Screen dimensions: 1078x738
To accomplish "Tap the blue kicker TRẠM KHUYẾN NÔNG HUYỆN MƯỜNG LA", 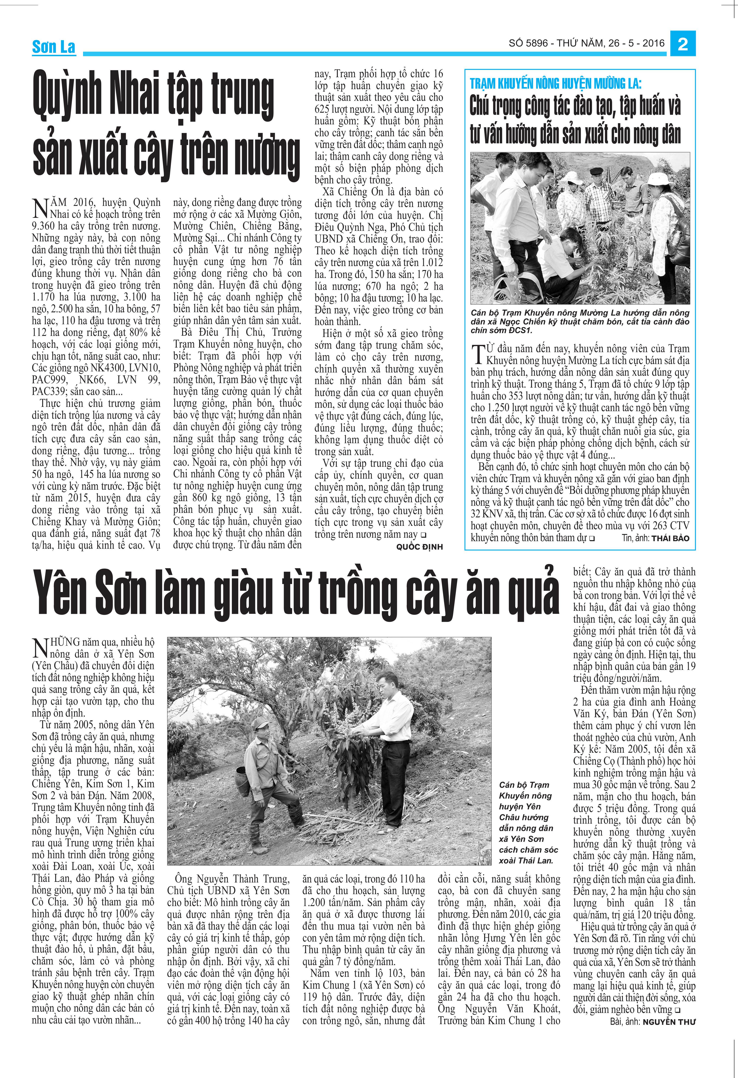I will (555, 84).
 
